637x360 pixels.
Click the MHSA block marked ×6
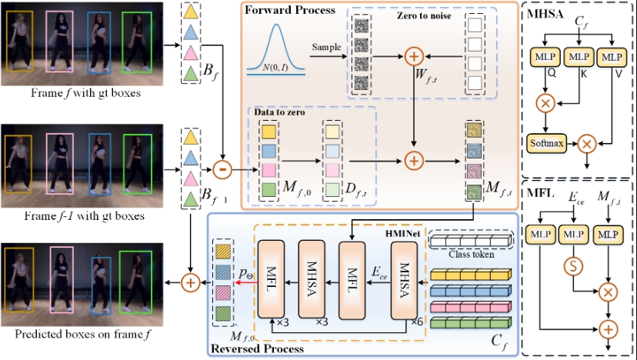pos(405,280)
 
